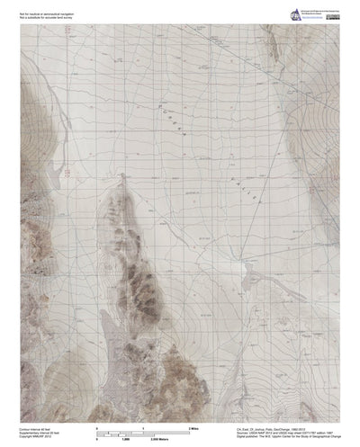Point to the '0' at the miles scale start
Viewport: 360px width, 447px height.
[x=94, y=421]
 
